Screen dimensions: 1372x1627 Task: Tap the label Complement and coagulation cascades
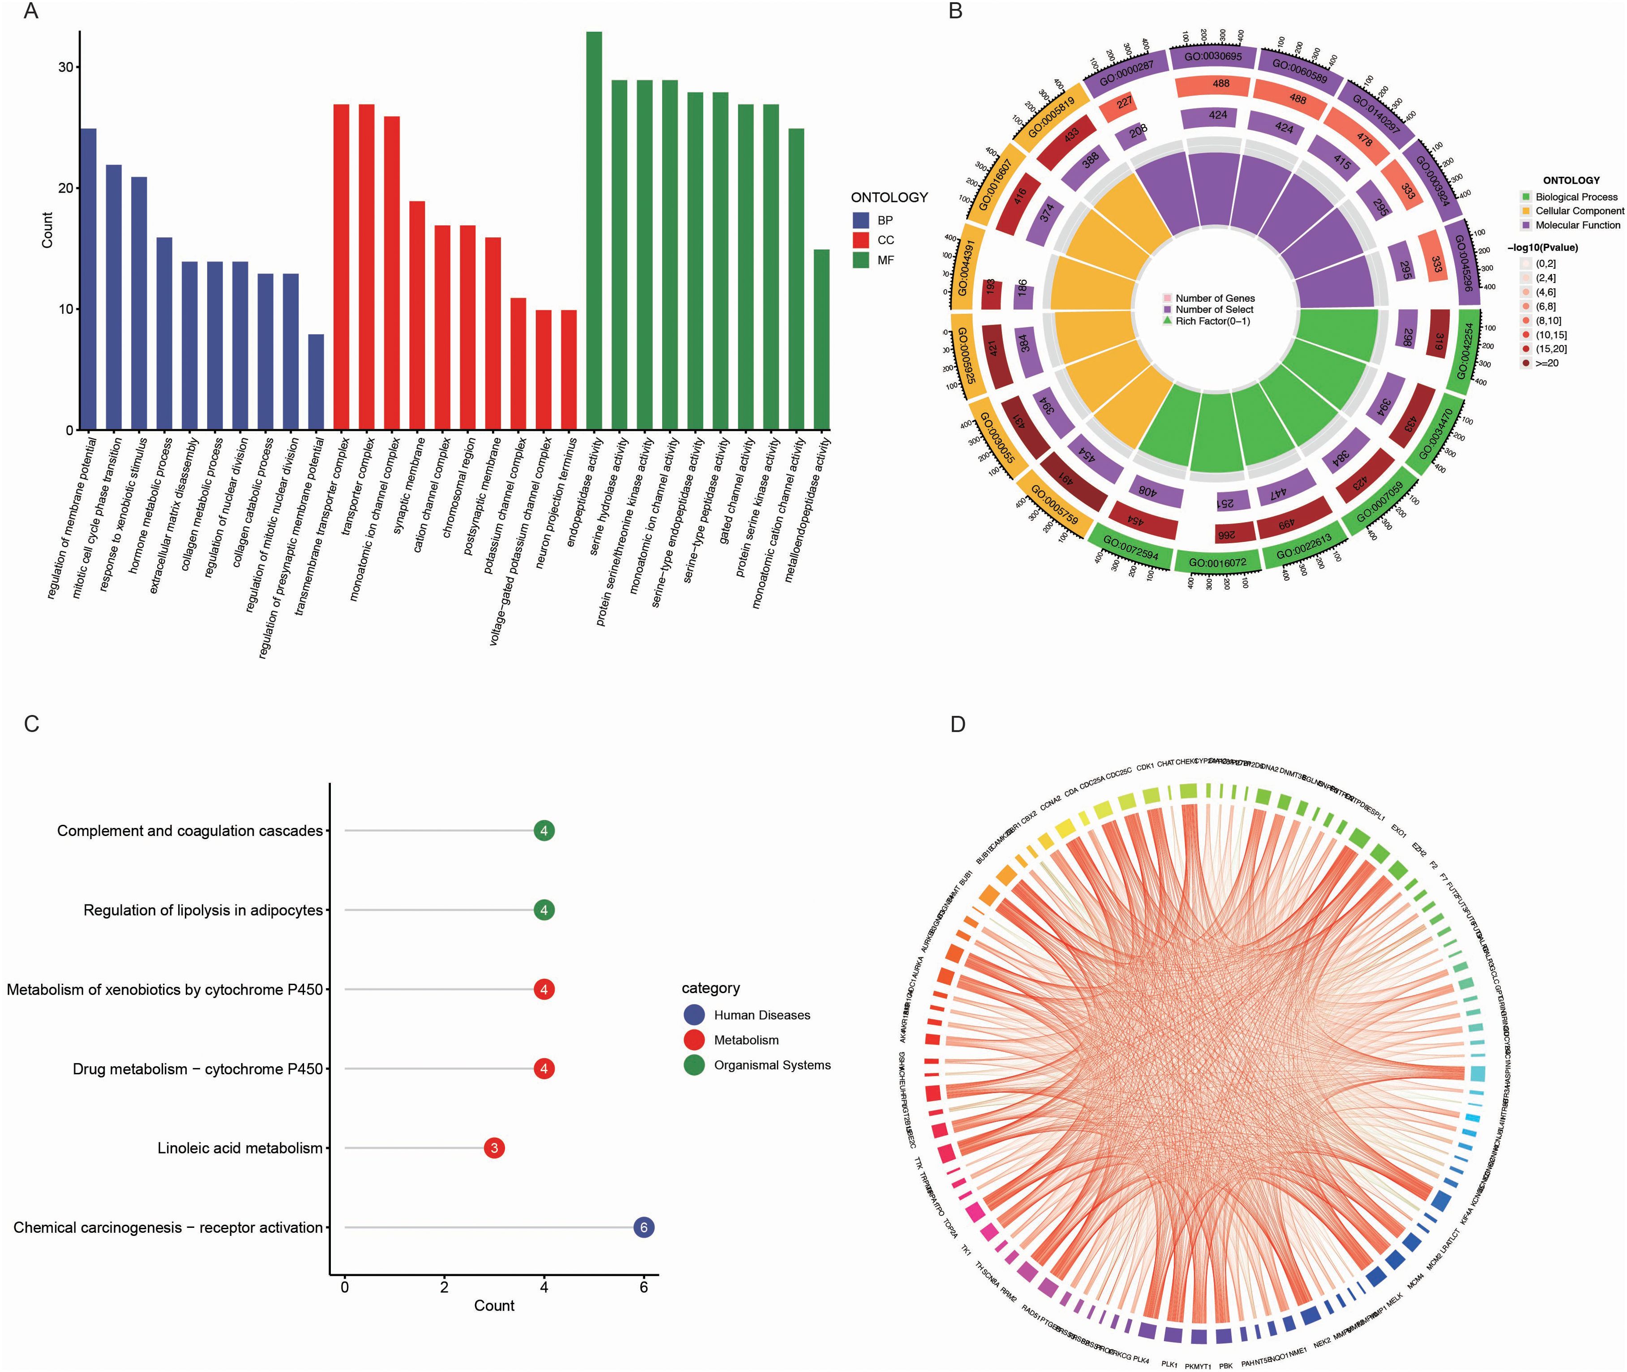click(190, 831)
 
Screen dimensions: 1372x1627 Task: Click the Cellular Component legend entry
click(1579, 211)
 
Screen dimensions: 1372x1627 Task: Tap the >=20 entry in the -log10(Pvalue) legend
click(1546, 363)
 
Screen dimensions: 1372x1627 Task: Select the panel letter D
click(957, 724)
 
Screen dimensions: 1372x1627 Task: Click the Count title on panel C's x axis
click(494, 1306)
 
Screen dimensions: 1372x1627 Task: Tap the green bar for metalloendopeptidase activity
click(821, 339)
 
